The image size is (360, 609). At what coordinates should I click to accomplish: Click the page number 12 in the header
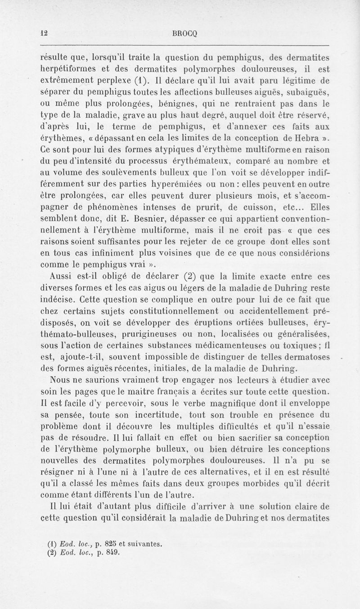click(x=44, y=32)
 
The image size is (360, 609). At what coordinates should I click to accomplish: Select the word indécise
click(x=57, y=298)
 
